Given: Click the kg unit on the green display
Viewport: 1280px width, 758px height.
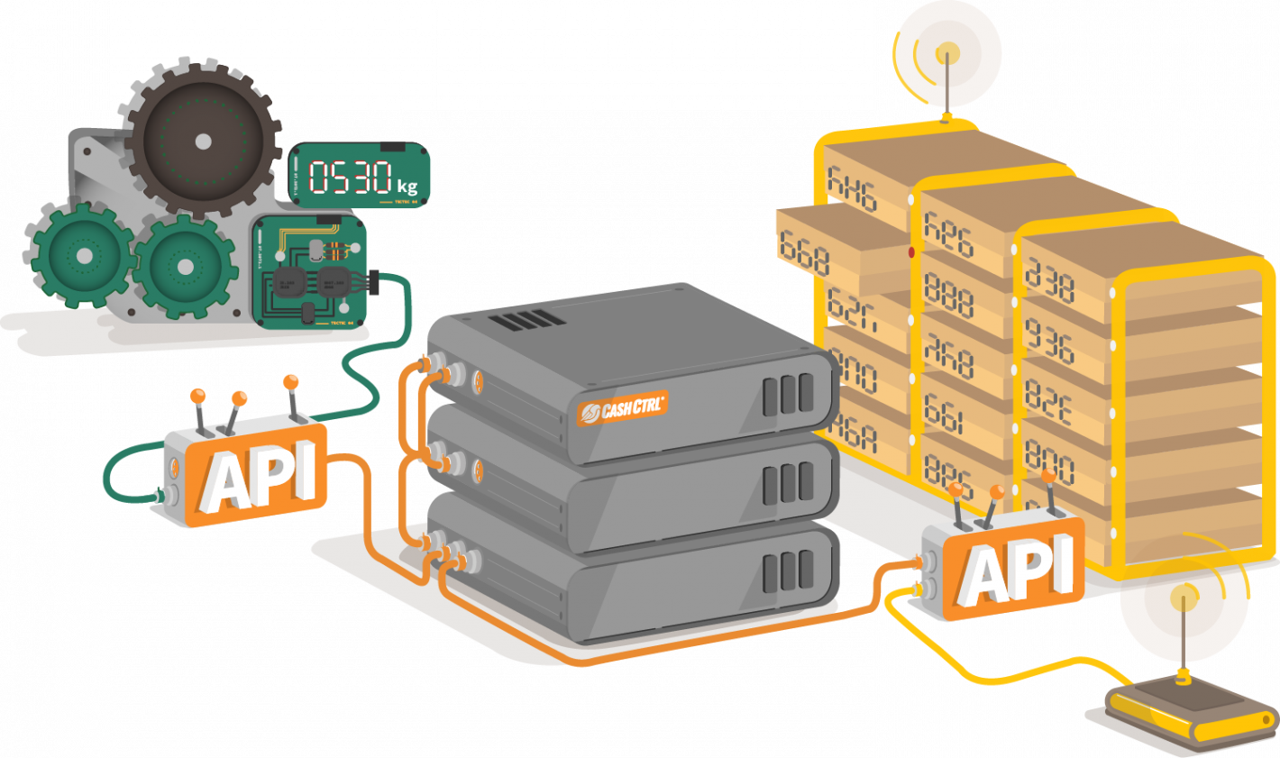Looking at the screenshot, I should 407,186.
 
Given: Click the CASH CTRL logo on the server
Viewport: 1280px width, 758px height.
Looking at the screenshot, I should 622,408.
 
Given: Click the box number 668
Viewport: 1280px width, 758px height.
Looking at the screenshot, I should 803,255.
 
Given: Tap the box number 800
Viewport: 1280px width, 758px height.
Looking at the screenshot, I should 1049,467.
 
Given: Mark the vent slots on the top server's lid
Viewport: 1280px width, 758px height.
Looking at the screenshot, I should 539,318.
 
